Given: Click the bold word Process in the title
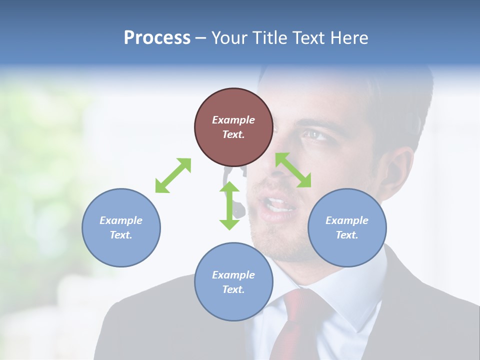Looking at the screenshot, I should [157, 38].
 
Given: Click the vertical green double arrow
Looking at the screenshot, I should [229, 205].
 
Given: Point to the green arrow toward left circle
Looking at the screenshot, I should [173, 175].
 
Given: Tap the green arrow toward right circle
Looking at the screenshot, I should [293, 170].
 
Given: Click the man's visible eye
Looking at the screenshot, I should [313, 134].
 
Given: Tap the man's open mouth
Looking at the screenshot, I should [278, 205].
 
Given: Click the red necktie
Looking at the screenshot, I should [295, 325].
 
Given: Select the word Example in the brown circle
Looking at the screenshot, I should [233, 120].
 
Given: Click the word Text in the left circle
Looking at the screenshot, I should [120, 235].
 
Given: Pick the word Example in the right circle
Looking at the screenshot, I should [347, 220].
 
